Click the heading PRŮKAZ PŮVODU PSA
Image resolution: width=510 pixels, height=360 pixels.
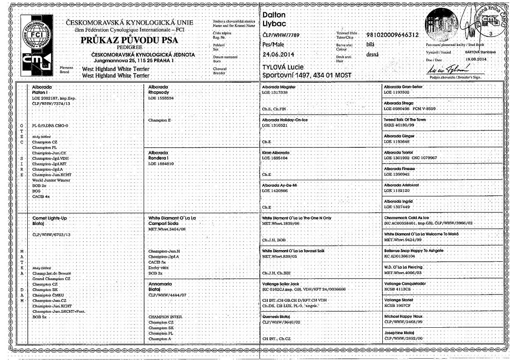[x=130, y=40]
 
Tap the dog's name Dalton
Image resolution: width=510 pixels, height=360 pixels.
[x=274, y=15]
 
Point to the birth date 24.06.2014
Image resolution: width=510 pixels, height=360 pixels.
[x=279, y=55]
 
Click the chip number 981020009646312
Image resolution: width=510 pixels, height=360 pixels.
[x=392, y=35]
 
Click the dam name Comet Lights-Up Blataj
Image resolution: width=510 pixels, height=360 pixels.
[x=50, y=221]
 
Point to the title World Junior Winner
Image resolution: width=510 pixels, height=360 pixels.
[x=51, y=180]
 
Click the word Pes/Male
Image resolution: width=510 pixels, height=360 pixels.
[x=273, y=45]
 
